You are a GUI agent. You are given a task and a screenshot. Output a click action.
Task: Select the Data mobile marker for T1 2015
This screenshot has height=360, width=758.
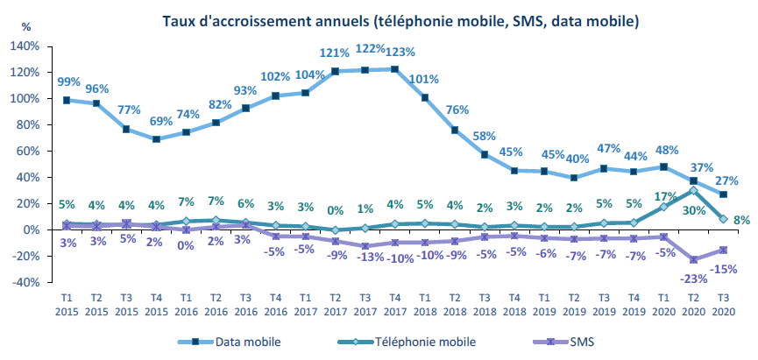[67, 100]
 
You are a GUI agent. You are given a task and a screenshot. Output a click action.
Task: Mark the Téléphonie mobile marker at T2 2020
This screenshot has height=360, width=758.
[693, 190]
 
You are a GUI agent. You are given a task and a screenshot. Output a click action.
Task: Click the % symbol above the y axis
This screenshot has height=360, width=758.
[25, 26]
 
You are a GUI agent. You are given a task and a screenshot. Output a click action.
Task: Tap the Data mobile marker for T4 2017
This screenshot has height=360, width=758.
[395, 69]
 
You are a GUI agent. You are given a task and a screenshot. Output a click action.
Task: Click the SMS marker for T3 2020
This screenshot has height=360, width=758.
[723, 250]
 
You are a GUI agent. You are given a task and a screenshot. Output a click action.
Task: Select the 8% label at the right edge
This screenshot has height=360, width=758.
[740, 220]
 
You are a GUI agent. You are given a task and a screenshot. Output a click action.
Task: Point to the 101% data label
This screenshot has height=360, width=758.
[425, 80]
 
